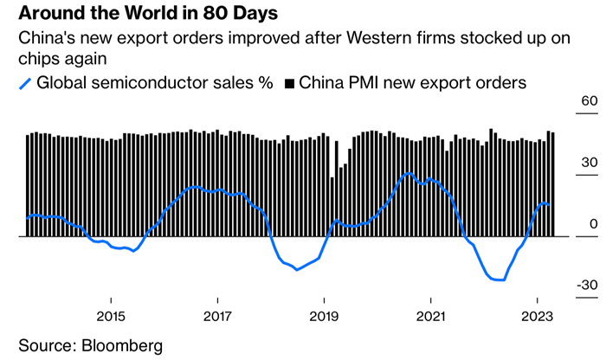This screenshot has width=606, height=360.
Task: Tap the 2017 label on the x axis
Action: tap(217, 316)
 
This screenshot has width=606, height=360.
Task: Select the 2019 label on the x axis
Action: tap(324, 316)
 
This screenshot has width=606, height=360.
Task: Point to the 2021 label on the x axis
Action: tap(431, 316)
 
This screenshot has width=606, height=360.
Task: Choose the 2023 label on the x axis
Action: tap(538, 316)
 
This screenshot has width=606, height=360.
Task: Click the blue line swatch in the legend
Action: tap(26, 84)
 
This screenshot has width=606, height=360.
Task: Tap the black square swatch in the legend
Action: tap(290, 84)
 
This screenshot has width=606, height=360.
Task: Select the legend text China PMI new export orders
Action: tap(412, 83)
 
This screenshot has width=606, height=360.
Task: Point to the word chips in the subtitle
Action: tap(41, 61)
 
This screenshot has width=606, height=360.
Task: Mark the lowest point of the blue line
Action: tap(500, 280)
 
